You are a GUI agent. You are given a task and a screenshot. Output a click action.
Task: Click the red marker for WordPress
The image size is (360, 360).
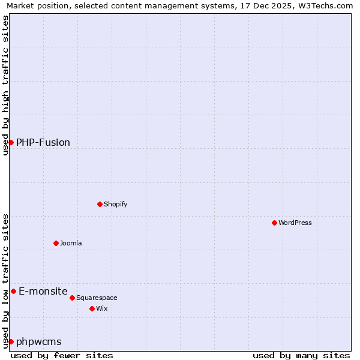[274, 223]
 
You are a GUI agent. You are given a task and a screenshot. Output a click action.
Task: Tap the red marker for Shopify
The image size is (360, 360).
[100, 204]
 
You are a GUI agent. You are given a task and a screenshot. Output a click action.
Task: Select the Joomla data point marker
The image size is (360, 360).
[56, 243]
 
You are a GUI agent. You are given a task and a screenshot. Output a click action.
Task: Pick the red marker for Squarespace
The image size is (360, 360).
[72, 298]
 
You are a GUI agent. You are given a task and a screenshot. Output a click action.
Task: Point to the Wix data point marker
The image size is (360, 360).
[92, 308]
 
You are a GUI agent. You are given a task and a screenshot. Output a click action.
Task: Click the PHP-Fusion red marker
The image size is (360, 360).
[11, 142]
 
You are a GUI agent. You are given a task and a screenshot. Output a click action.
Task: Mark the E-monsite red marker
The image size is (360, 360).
[13, 291]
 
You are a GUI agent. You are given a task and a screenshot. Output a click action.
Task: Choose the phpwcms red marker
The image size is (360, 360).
[11, 341]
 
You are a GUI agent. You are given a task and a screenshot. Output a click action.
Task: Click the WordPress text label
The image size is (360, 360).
[295, 223]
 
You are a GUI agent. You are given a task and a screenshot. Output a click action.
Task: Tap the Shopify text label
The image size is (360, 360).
[116, 204]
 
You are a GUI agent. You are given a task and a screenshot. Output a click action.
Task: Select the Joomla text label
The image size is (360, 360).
[71, 243]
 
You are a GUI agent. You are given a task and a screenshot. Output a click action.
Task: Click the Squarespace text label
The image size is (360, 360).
[97, 298]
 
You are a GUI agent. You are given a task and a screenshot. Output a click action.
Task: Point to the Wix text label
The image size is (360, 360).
[101, 308]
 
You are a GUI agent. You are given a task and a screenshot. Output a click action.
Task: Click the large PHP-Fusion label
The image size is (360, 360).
[43, 142]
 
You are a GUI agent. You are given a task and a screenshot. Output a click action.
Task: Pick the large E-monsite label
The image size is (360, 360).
[43, 291]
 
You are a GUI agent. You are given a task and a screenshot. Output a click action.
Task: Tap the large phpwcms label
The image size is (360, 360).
[39, 341]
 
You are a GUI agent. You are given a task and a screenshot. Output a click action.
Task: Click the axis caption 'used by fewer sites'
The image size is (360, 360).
[62, 355]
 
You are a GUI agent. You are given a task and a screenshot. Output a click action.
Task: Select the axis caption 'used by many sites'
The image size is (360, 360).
[301, 355]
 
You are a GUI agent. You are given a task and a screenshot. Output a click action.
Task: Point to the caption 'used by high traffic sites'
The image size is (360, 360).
[6, 85]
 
